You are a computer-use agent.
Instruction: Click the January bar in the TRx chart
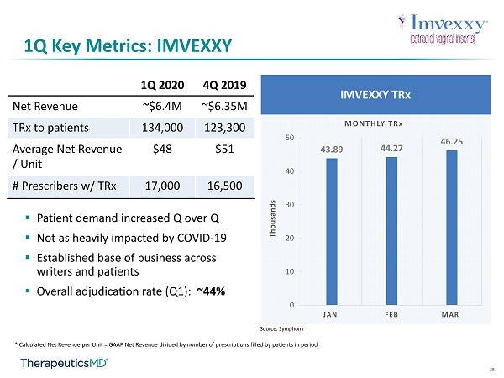tap(332, 232)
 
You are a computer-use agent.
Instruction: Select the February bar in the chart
tap(391, 231)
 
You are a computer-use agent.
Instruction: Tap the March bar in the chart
tap(452, 228)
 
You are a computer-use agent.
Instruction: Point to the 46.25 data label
tap(452, 142)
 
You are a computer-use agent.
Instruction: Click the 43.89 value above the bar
tap(332, 150)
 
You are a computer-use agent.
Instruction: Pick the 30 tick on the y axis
tap(290, 205)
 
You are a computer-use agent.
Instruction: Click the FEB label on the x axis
tap(391, 315)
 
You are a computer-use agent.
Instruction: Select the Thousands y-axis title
tap(272, 219)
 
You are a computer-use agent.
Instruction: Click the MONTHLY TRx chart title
tap(374, 123)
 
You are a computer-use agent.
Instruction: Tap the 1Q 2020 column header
tap(162, 85)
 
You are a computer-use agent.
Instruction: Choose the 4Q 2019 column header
tap(224, 85)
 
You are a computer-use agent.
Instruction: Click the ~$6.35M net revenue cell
tap(224, 107)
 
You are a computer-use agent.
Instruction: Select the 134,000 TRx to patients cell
tap(162, 128)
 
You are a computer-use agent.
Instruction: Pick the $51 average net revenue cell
tap(224, 150)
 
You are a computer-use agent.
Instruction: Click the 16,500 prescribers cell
tap(224, 186)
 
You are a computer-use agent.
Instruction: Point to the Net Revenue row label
tap(45, 107)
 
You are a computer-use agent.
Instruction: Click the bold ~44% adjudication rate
tap(211, 291)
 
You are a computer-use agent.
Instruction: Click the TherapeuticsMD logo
tap(65, 363)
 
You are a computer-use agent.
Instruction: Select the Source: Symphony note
tap(282, 328)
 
